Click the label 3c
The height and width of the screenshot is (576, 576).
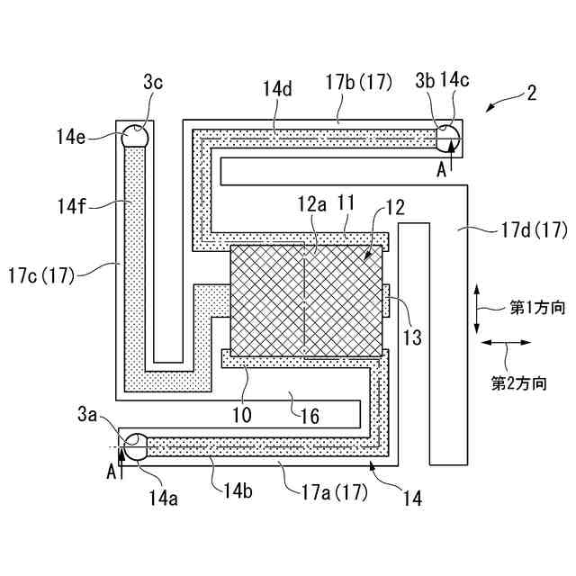(x=153, y=80)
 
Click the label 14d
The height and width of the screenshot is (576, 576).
(x=277, y=90)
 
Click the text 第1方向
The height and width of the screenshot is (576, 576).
(x=537, y=308)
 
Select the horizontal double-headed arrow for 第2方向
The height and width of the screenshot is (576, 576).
(x=505, y=343)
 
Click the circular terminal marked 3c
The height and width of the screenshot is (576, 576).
(x=136, y=136)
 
